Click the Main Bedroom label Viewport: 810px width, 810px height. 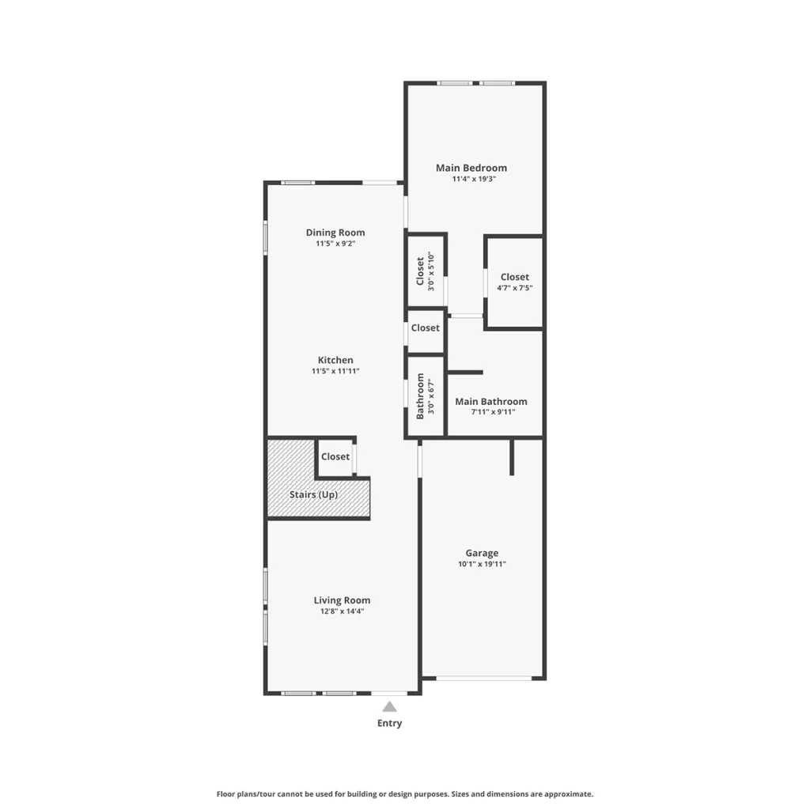click(x=471, y=168)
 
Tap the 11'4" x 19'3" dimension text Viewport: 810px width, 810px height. click(x=474, y=180)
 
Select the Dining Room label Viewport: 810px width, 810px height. click(x=335, y=233)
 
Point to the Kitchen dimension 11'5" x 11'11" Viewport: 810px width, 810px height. click(x=335, y=371)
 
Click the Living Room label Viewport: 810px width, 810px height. click(x=342, y=600)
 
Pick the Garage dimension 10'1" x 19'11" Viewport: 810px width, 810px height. click(x=482, y=564)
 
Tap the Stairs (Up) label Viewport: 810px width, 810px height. click(x=313, y=495)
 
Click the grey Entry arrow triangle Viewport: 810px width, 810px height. click(x=389, y=706)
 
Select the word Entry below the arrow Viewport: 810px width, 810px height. click(x=389, y=723)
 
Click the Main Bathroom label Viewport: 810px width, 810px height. click(x=491, y=401)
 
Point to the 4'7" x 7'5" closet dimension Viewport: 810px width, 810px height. click(x=514, y=288)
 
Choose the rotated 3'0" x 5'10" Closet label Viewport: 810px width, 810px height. click(x=425, y=271)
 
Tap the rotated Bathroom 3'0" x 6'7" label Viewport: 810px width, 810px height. click(x=425, y=396)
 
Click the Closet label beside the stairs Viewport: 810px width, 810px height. click(x=335, y=456)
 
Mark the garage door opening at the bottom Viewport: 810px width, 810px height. click(x=484, y=678)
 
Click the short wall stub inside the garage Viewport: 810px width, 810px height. click(x=512, y=457)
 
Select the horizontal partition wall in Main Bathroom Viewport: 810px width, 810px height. click(x=465, y=373)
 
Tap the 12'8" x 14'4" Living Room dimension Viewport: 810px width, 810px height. click(x=342, y=611)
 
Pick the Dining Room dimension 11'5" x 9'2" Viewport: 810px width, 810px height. click(x=335, y=244)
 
